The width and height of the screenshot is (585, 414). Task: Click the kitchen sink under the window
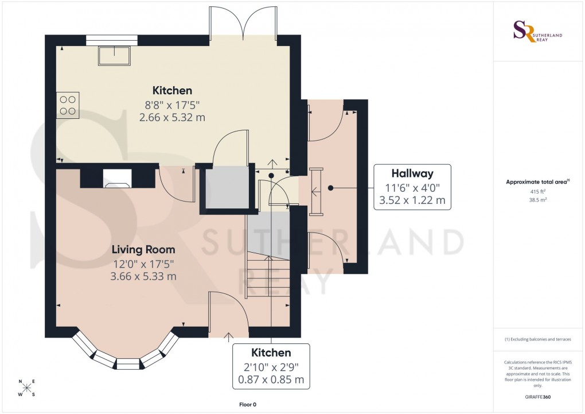pos(114,55)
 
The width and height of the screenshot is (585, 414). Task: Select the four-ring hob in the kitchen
pos(68,105)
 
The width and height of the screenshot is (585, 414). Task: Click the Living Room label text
pos(143,250)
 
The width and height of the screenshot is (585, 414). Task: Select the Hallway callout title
pos(412,173)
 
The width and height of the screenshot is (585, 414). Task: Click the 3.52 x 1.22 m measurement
pos(412,201)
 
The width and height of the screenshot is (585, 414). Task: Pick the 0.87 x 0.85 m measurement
pos(271,380)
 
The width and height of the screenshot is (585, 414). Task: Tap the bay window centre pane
pos(127,363)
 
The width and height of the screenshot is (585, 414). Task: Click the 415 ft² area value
pos(537,192)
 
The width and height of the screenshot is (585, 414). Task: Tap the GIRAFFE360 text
pos(537,397)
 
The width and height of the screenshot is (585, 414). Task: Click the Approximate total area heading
pos(536,182)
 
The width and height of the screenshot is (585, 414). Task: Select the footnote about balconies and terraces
pos(537,339)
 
